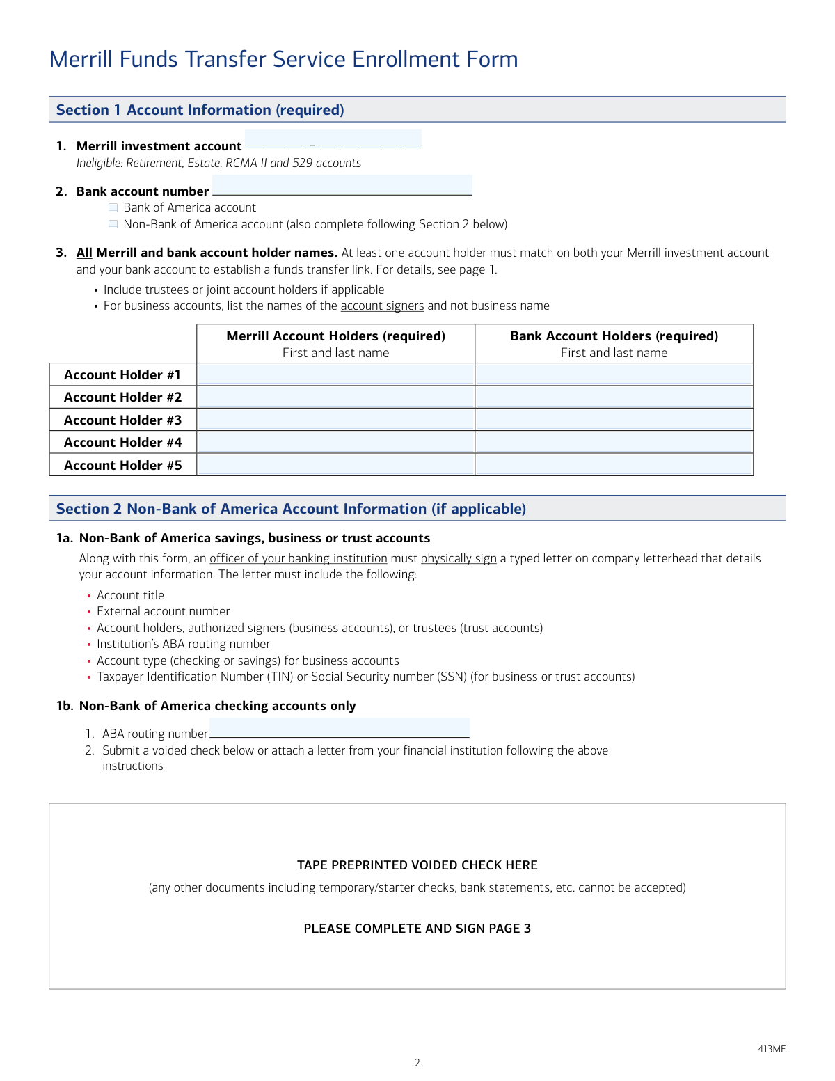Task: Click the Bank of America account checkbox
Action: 113,207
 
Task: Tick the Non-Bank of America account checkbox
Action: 113,224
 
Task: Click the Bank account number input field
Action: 342,186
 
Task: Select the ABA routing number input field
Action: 339,728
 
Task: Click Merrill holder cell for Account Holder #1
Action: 335,374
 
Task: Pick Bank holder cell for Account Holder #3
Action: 614,420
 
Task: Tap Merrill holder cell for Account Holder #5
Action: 335,465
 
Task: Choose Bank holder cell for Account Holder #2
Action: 614,397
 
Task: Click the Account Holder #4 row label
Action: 122,442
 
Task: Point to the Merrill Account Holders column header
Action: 335,336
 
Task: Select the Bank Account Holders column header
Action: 614,336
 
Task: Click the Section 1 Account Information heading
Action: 200,110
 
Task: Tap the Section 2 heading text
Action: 291,509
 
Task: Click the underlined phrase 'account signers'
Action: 382,306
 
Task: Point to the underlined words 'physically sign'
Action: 459,558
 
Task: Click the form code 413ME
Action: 772,1049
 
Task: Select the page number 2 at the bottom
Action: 417,1063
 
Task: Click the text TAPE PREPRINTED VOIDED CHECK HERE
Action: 417,865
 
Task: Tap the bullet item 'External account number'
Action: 163,611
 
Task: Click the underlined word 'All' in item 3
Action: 84,253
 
